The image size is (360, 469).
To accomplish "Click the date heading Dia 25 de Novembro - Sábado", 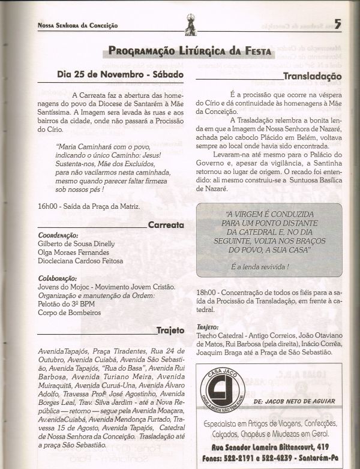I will pos(119,76).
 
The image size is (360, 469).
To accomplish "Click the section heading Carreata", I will pos(166,226).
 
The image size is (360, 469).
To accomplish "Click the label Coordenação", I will pos(58,235).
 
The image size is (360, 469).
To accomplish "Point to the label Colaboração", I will pos(57,278).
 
